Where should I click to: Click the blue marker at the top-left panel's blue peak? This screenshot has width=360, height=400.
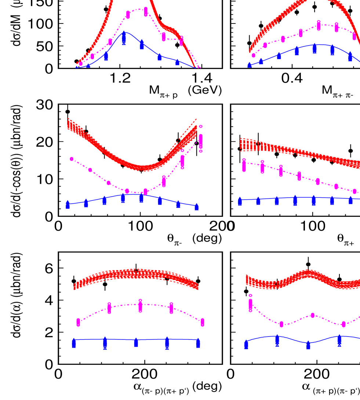[x=124, y=37]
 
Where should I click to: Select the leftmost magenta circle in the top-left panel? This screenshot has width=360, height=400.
[x=81, y=64]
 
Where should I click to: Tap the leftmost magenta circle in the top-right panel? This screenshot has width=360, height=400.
[x=253, y=55]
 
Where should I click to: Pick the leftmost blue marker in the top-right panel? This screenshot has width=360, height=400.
[x=249, y=65]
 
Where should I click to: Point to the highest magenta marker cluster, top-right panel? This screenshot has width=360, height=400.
[x=319, y=26]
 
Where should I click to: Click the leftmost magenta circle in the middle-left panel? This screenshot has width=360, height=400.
[x=72, y=159]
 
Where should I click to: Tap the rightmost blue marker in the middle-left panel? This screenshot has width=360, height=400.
[x=197, y=207]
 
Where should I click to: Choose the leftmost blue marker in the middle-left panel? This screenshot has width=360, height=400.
[x=68, y=204]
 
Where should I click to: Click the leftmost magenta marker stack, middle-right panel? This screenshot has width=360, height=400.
[x=244, y=166]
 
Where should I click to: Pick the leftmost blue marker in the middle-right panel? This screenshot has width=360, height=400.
[x=240, y=201]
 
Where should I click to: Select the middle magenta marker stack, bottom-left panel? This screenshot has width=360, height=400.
[x=140, y=306]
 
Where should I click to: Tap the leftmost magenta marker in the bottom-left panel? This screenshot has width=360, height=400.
[x=78, y=322]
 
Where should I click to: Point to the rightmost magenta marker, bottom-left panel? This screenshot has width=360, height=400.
[x=203, y=322]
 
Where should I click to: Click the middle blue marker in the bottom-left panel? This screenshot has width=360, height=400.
[x=136, y=342]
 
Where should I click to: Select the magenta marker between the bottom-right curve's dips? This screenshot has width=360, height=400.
[x=313, y=315]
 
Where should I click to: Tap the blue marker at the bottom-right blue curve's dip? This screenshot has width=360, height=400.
[x=308, y=345]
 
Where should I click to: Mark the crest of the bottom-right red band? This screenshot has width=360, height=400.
[x=306, y=274]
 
